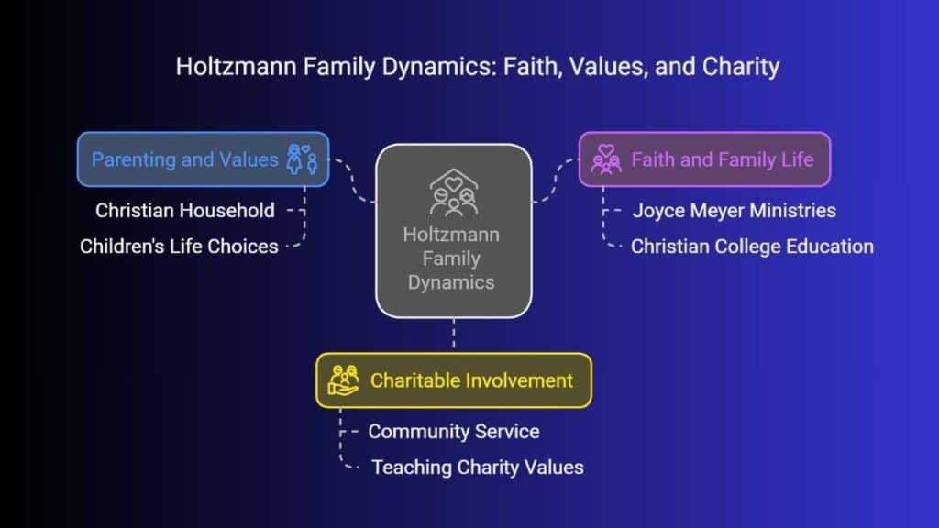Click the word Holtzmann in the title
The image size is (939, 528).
[236, 66]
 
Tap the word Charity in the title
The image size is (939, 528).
[741, 66]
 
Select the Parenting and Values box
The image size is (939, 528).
[203, 159]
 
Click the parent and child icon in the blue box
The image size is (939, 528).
[301, 159]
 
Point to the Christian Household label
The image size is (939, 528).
[185, 211]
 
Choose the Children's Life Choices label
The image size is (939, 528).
[179, 247]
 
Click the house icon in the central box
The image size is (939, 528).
[453, 192]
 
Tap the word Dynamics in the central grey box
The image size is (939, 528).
[451, 282]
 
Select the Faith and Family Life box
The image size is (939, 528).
[705, 159]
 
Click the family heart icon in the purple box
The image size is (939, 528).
[606, 159]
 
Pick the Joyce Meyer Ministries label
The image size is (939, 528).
[735, 211]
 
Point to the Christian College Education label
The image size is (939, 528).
[752, 247]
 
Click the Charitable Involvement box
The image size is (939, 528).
[454, 380]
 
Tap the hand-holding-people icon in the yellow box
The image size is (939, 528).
[344, 380]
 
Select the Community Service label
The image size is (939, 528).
[454, 432]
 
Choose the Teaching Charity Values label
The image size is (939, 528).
[478, 467]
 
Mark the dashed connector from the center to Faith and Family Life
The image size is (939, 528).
[555, 181]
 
